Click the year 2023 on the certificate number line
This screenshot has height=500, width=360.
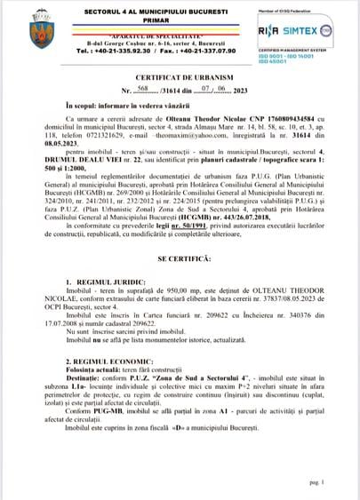point(228,115)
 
